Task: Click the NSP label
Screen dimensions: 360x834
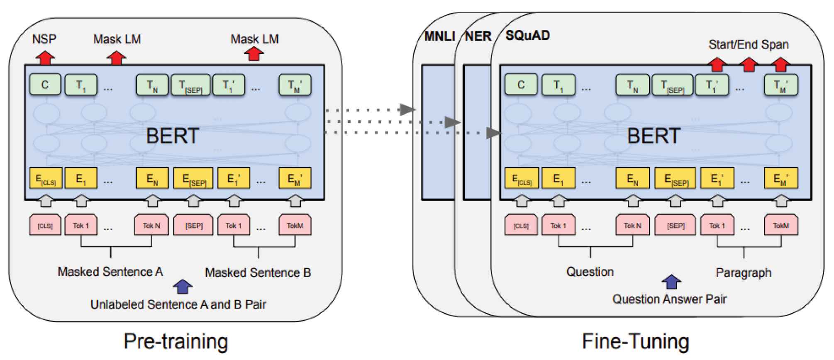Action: pyautogui.click(x=44, y=39)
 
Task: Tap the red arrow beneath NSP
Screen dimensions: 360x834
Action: pyautogui.click(x=44, y=58)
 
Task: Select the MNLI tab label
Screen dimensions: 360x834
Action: pyautogui.click(x=439, y=36)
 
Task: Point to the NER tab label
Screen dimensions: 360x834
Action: pyautogui.click(x=478, y=36)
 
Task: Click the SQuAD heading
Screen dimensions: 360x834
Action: pyautogui.click(x=527, y=35)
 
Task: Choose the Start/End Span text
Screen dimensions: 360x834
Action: pyautogui.click(x=748, y=44)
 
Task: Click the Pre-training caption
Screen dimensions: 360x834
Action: pyautogui.click(x=176, y=341)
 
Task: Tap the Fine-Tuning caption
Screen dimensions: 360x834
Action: pyautogui.click(x=635, y=341)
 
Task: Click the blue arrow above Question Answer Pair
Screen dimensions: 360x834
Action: pyautogui.click(x=671, y=282)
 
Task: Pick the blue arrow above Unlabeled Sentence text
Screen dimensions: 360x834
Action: pyautogui.click(x=182, y=286)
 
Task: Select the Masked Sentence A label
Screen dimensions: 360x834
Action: pyautogui.click(x=110, y=272)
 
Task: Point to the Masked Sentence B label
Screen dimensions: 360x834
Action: pyautogui.click(x=258, y=272)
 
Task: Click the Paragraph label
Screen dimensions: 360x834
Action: pyautogui.click(x=744, y=272)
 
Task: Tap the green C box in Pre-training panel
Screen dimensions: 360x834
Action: pyautogui.click(x=45, y=85)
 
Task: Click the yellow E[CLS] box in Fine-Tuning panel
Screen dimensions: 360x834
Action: pyautogui.click(x=522, y=178)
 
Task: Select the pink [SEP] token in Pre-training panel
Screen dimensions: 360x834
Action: pyautogui.click(x=194, y=225)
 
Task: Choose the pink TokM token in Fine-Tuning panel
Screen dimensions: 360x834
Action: pyautogui.click(x=780, y=225)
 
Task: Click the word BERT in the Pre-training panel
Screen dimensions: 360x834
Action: pyautogui.click(x=173, y=136)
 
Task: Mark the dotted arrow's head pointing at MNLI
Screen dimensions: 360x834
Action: pyautogui.click(x=407, y=110)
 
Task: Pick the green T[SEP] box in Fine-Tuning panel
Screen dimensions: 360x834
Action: pyautogui.click(x=672, y=85)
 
